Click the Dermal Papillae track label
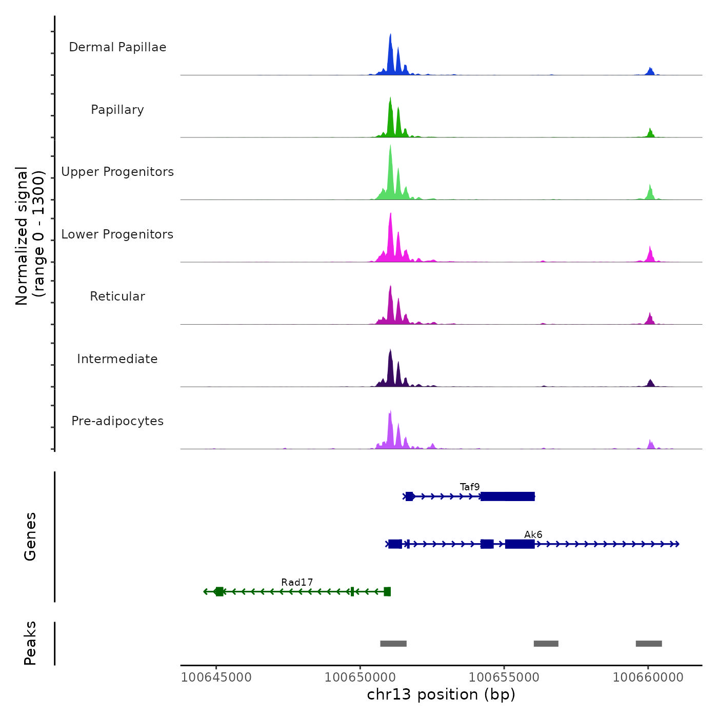click(117, 47)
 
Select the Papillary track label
click(117, 110)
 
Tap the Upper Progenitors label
click(117, 172)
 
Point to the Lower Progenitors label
click(117, 234)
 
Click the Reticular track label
click(117, 296)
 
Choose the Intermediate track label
click(117, 359)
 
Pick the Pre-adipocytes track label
click(117, 421)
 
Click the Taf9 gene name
click(470, 487)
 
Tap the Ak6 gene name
click(533, 534)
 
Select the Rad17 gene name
click(297, 582)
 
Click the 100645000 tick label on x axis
click(216, 677)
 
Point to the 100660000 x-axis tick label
click(648, 677)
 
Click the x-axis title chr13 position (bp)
click(441, 694)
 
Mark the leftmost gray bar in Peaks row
click(393, 644)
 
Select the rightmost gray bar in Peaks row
click(649, 644)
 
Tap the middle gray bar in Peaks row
click(546, 644)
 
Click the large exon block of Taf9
click(508, 496)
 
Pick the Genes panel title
click(30, 536)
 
